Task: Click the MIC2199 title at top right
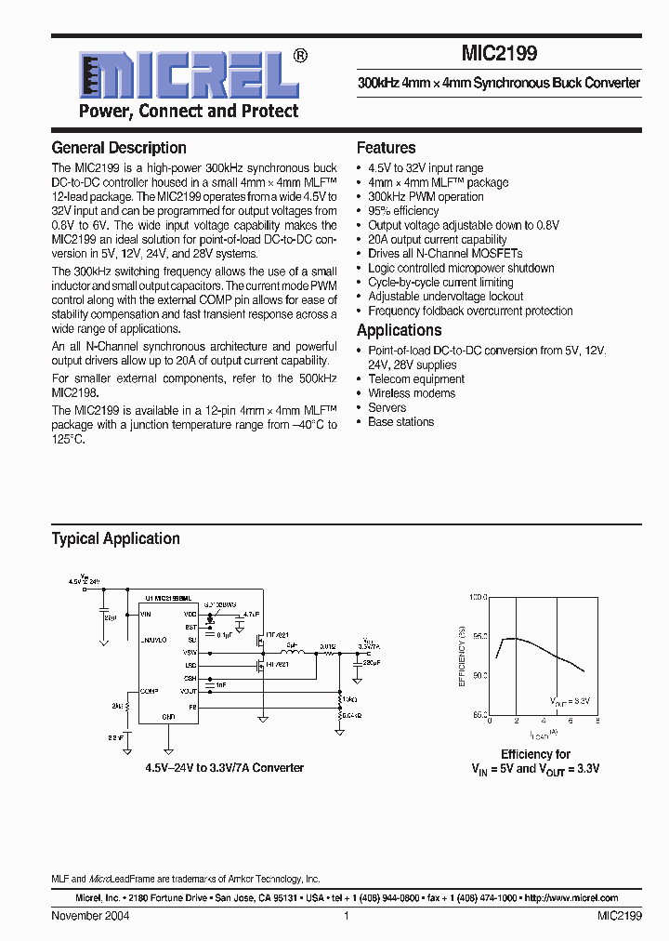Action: tap(498, 54)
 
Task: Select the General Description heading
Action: tap(119, 148)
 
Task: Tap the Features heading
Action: tap(386, 148)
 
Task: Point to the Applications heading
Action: tap(399, 331)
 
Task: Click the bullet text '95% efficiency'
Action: tap(403, 211)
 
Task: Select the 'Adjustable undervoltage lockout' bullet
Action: tap(445, 297)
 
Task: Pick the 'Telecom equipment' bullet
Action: tap(415, 379)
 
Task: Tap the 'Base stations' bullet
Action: tap(400, 422)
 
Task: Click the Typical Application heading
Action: tap(115, 538)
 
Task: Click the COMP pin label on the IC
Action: tap(149, 691)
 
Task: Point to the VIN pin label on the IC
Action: tap(146, 615)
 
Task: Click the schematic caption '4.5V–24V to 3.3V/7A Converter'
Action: tap(224, 768)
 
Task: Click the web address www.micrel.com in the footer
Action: tap(571, 898)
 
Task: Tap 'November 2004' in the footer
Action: tap(90, 916)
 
